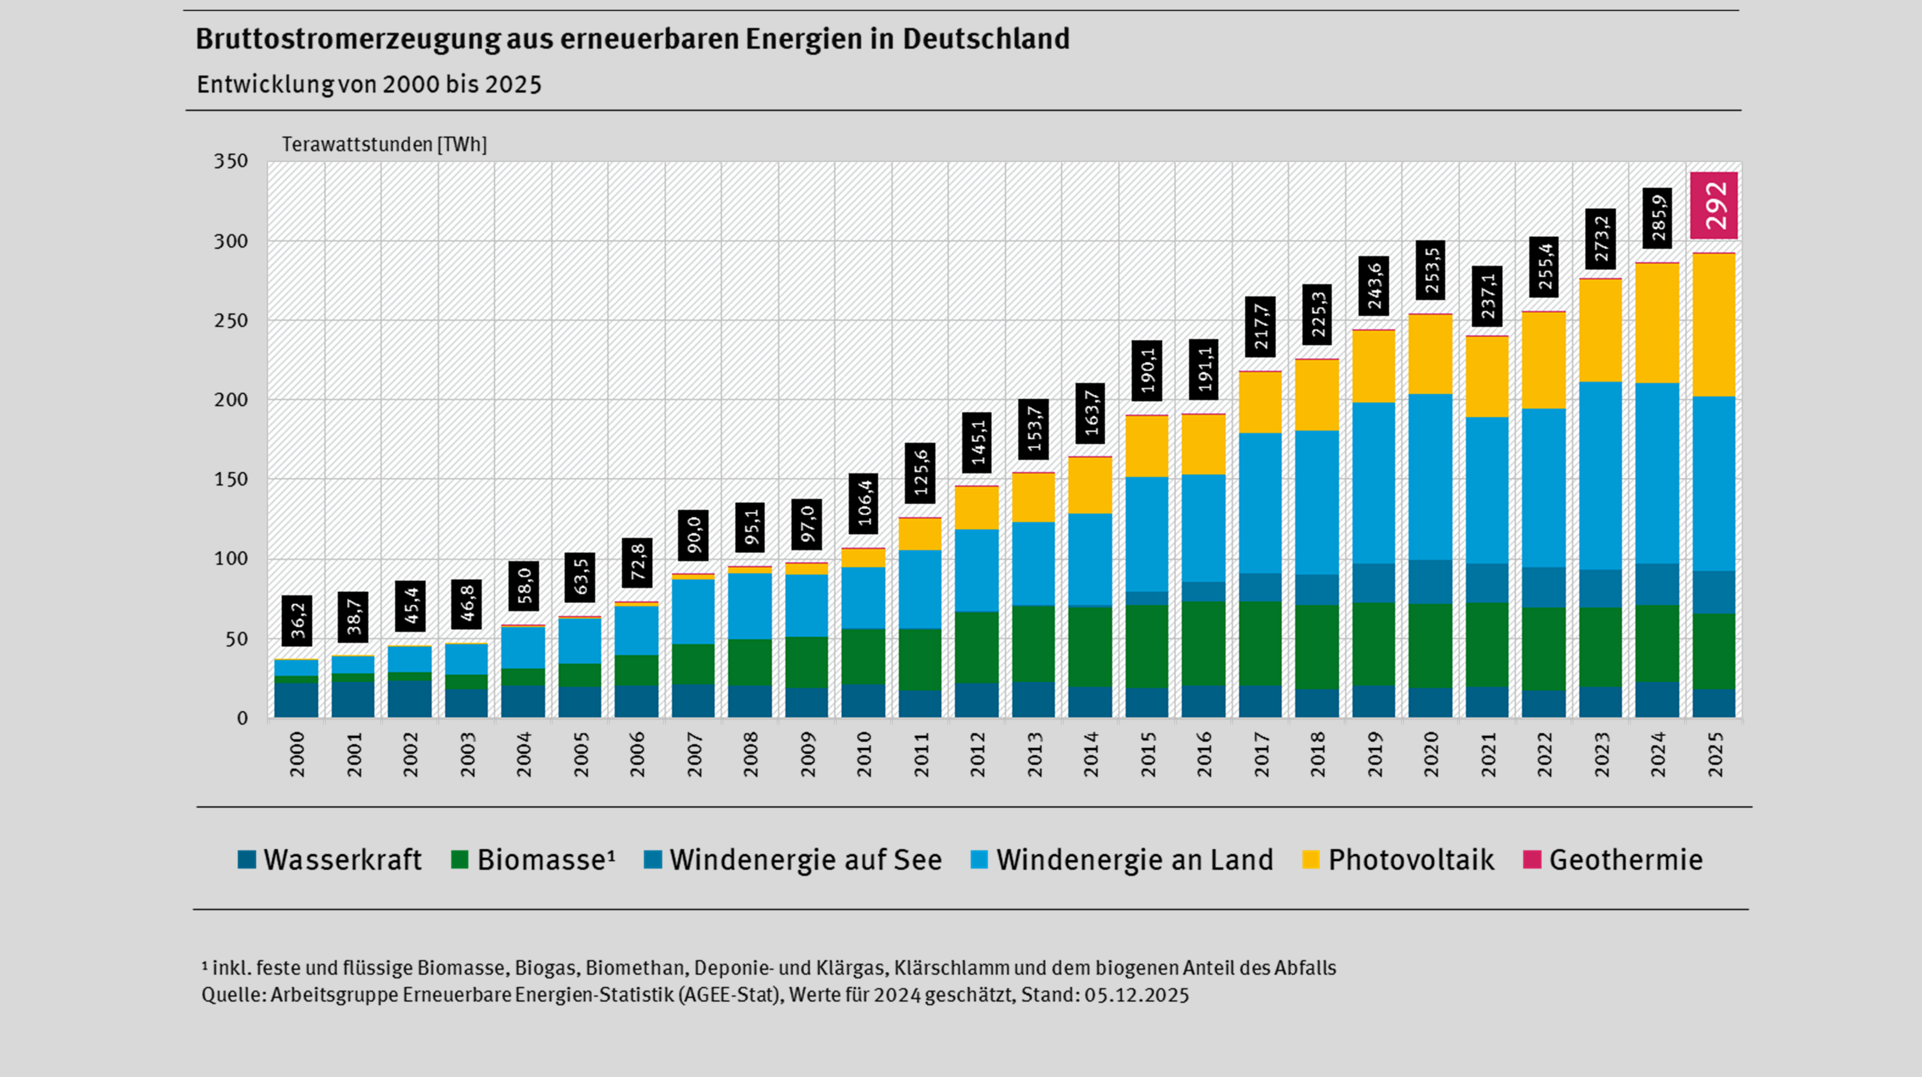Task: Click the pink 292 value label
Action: tap(1714, 205)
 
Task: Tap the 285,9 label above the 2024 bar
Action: tap(1657, 218)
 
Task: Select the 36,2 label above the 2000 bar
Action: tap(297, 620)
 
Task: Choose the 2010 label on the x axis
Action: tap(864, 754)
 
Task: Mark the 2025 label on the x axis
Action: tap(1716, 754)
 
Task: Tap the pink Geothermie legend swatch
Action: tap(1532, 860)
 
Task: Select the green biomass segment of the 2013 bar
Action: tap(1033, 644)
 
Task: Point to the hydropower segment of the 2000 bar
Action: tap(296, 700)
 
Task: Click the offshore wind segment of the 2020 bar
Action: tap(1430, 582)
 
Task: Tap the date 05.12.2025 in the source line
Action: tap(1136, 995)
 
